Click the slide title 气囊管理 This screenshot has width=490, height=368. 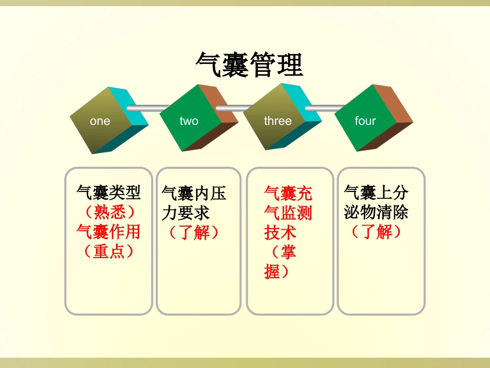[249, 65]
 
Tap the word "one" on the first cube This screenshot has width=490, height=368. [100, 121]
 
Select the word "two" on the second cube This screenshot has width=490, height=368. [189, 121]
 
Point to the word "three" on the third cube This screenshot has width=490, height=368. [277, 121]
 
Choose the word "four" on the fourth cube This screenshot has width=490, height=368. [365, 121]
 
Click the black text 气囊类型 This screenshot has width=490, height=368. [108, 193]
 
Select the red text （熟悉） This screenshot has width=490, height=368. [108, 212]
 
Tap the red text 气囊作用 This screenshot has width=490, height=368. [108, 232]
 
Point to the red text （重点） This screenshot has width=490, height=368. [108, 251]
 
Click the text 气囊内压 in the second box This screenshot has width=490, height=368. [194, 194]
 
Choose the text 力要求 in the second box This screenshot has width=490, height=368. [186, 213]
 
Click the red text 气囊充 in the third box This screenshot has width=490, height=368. [288, 194]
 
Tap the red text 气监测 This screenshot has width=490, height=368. [288, 213]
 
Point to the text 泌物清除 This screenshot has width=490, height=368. [376, 212]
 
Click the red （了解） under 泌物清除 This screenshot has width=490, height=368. [376, 232]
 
